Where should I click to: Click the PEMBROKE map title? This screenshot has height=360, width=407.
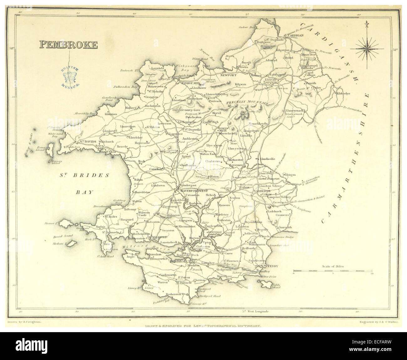pyautogui.click(x=68, y=44)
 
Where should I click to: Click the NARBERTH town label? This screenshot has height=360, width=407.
pyautogui.click(x=265, y=190)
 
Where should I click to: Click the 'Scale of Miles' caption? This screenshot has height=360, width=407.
pyautogui.click(x=333, y=266)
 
